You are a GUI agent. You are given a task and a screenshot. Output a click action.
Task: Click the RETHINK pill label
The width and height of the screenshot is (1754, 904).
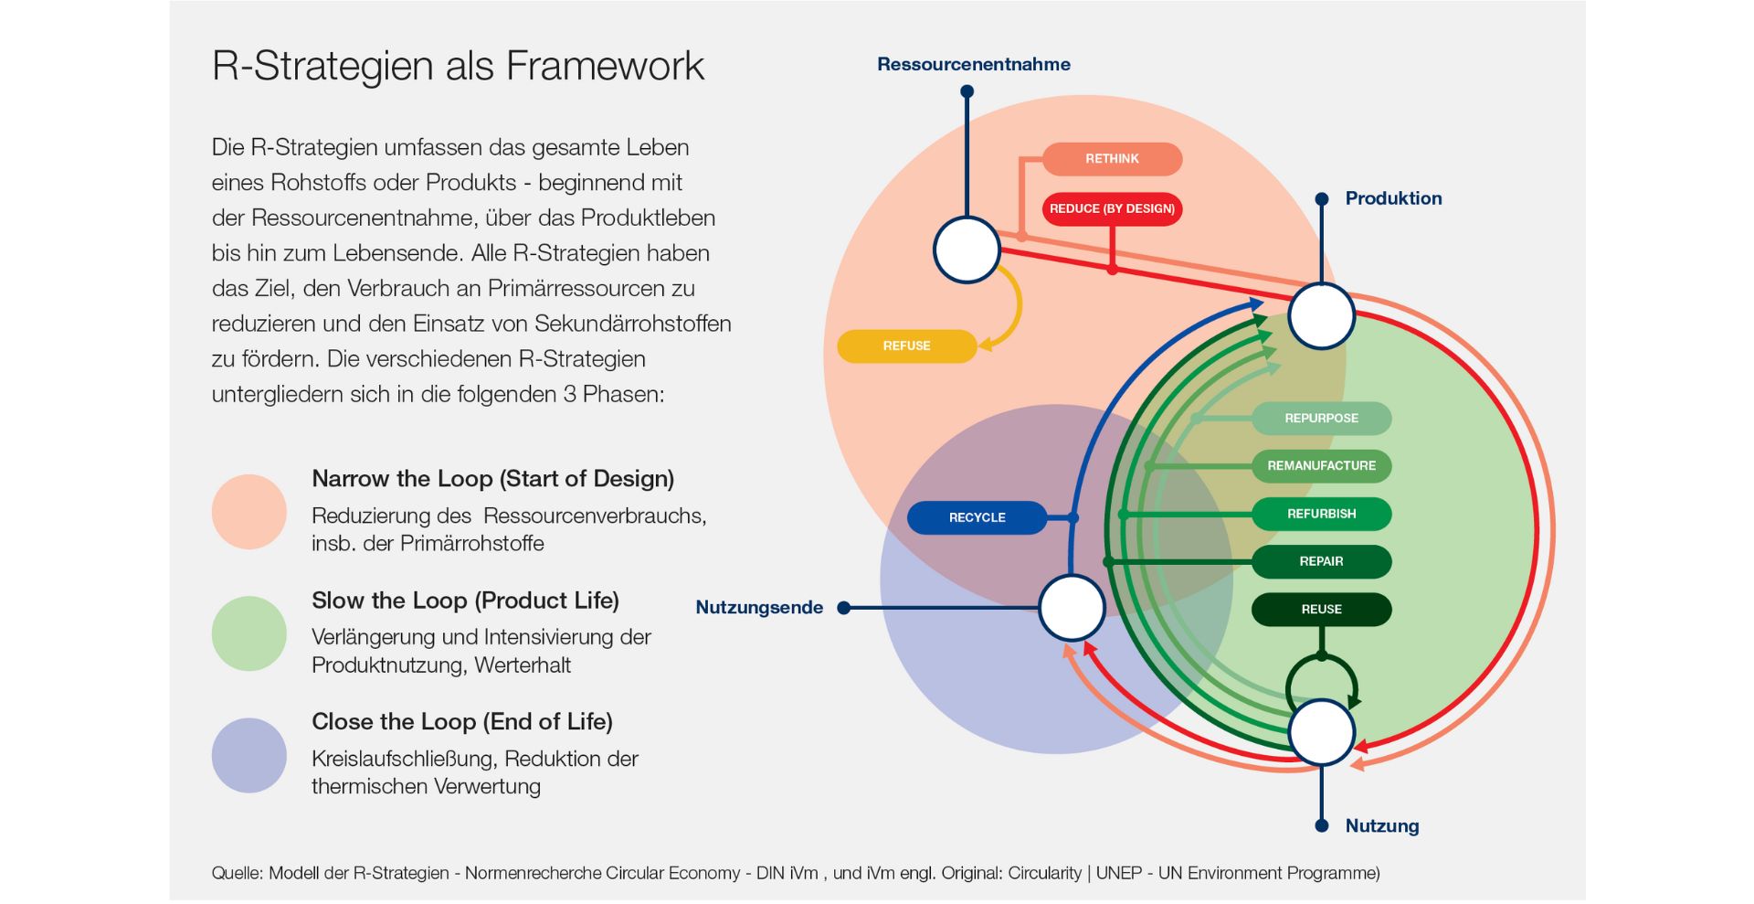pyautogui.click(x=1112, y=159)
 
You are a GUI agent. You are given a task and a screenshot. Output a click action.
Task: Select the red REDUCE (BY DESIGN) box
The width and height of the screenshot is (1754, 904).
pyautogui.click(x=1112, y=208)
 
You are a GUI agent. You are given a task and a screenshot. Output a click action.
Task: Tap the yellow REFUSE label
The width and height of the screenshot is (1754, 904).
pyautogui.click(x=906, y=346)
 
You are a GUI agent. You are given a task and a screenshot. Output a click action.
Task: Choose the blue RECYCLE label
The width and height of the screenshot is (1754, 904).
pyautogui.click(x=977, y=517)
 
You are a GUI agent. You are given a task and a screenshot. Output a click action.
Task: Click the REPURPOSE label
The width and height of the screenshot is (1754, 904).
pyautogui.click(x=1321, y=419)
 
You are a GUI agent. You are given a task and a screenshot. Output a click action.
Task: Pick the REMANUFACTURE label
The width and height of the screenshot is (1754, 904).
pyautogui.click(x=1321, y=466)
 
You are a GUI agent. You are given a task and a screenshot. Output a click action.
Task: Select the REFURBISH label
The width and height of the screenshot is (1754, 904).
pyautogui.click(x=1321, y=514)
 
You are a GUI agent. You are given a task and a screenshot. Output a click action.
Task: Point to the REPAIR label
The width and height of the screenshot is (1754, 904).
pyautogui.click(x=1321, y=561)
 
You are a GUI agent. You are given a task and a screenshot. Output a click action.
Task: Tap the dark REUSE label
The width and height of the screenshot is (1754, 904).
pyautogui.click(x=1321, y=610)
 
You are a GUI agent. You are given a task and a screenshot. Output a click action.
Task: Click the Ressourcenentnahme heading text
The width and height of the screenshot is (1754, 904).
pyautogui.click(x=974, y=65)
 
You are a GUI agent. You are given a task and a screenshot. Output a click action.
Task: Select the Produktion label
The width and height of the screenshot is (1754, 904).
pyautogui.click(x=1393, y=198)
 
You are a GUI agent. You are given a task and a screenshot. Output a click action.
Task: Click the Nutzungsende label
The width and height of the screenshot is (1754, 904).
pyautogui.click(x=759, y=608)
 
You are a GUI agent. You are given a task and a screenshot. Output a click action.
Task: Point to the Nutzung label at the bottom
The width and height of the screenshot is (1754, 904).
pyautogui.click(x=1382, y=826)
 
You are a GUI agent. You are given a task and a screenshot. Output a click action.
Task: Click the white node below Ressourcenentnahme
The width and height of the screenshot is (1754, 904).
pyautogui.click(x=967, y=250)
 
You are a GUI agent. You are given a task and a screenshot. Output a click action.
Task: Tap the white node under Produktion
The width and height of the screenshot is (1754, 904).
pyautogui.click(x=1321, y=316)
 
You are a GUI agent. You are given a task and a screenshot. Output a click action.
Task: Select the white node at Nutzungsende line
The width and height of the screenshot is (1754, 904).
pyautogui.click(x=1072, y=608)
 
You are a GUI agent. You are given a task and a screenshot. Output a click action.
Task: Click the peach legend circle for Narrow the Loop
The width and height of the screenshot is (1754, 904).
pyautogui.click(x=249, y=512)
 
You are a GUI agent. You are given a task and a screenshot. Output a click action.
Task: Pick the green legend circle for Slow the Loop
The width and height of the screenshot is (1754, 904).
pyautogui.click(x=249, y=633)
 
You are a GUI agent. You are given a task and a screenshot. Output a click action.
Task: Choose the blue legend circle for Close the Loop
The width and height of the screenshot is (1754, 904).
pyautogui.click(x=249, y=755)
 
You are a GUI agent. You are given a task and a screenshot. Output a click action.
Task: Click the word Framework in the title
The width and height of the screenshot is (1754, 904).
pyautogui.click(x=605, y=66)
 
